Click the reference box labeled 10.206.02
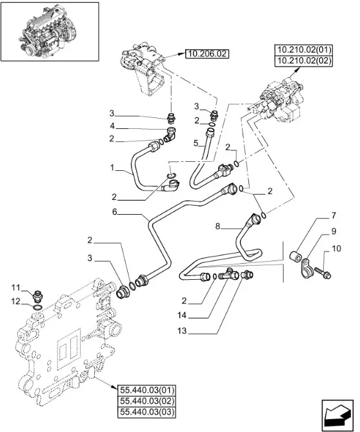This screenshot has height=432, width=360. tap(207, 54)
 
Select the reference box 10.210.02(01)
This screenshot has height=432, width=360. tap(303, 50)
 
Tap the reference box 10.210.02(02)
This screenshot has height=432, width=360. tap(303, 61)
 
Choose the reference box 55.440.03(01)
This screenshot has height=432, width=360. tap(146, 390)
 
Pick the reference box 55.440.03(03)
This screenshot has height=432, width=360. tap(146, 412)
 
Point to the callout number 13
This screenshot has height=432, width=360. tap(182, 331)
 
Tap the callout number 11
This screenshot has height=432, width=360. tap(15, 288)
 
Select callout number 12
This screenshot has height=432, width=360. tap(15, 301)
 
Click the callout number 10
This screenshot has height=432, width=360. tap(336, 248)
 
